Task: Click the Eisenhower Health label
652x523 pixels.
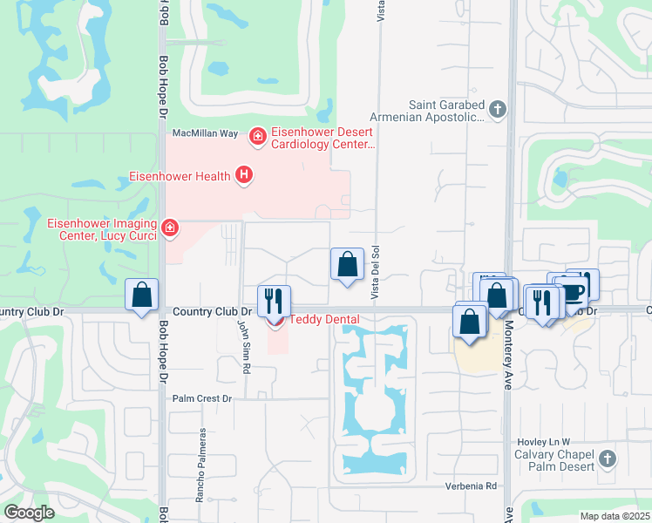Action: (180, 176)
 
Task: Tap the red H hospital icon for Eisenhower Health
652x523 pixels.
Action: (244, 176)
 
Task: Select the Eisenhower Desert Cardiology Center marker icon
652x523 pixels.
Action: (257, 136)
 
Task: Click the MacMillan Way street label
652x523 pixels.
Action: (205, 133)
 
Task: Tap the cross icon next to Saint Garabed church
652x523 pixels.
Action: (497, 110)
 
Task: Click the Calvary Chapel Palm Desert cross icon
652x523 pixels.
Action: (608, 458)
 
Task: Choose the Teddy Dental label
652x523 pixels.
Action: (324, 319)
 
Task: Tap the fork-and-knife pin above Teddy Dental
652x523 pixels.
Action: (275, 301)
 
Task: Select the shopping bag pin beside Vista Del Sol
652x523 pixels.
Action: (347, 264)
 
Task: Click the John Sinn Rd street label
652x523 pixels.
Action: (244, 334)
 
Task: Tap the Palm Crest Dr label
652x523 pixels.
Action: (201, 398)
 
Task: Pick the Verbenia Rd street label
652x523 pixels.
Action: (472, 486)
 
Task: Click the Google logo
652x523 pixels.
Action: (29, 513)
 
